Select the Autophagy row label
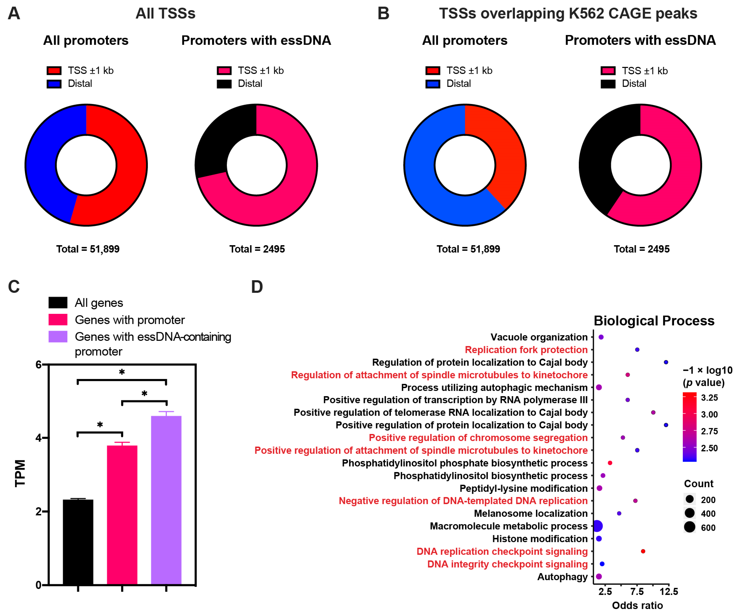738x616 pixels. (x=562, y=577)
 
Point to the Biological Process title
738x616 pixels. (x=654, y=321)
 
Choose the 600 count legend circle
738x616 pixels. (x=690, y=527)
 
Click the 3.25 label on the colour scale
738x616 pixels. (x=709, y=398)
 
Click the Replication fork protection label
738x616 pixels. (x=526, y=350)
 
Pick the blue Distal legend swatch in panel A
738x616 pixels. (x=54, y=84)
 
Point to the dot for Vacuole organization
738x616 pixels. (x=601, y=337)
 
